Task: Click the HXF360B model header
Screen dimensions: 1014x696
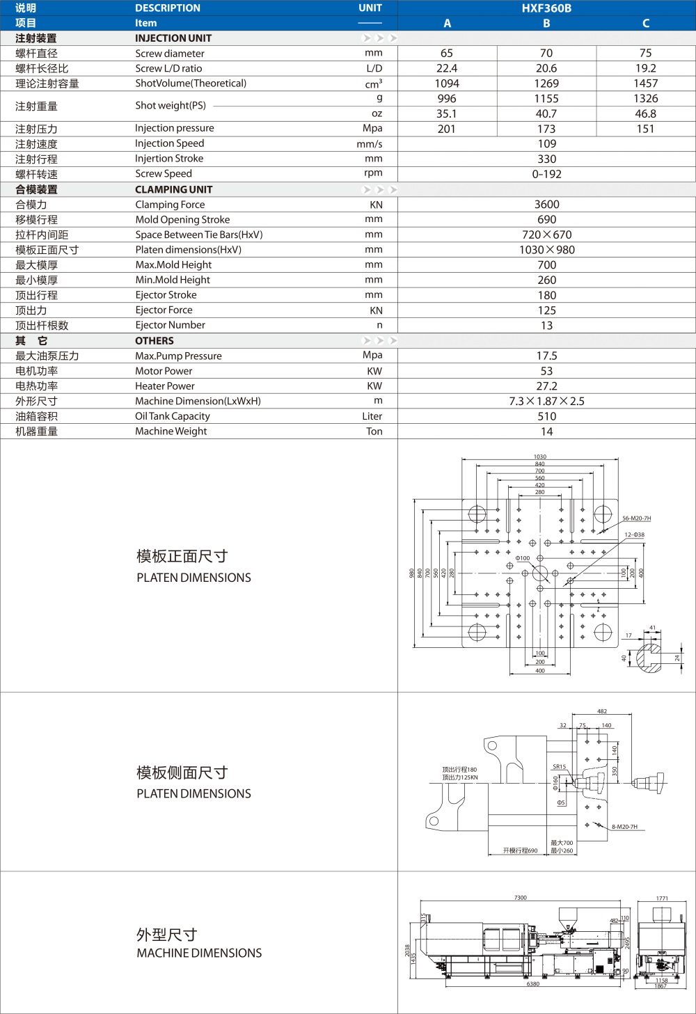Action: point(546,8)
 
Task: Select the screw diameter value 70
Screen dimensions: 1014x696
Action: point(546,53)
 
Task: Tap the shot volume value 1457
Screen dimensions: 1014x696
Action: point(645,84)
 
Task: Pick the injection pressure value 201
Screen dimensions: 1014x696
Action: point(447,129)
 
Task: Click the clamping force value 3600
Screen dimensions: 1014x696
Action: point(546,205)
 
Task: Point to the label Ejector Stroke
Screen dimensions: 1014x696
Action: point(166,295)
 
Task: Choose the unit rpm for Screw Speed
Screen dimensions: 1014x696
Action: point(373,174)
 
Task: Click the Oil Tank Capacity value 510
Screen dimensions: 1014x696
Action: point(546,416)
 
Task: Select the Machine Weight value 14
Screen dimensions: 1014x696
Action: point(546,431)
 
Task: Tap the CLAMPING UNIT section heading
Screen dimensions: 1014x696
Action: point(173,189)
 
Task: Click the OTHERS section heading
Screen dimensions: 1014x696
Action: point(155,341)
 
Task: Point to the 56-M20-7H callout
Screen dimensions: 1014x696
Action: point(636,518)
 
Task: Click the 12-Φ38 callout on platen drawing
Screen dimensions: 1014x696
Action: point(634,535)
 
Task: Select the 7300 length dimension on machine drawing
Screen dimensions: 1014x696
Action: point(520,898)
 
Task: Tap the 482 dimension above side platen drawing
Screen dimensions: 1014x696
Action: point(602,711)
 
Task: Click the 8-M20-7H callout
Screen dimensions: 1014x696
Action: point(624,827)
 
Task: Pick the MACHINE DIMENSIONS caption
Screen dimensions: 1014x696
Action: point(199,953)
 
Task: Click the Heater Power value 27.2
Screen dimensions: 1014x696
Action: point(546,386)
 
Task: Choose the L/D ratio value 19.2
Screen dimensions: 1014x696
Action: point(645,68)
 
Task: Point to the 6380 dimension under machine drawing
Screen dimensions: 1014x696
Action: point(532,984)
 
